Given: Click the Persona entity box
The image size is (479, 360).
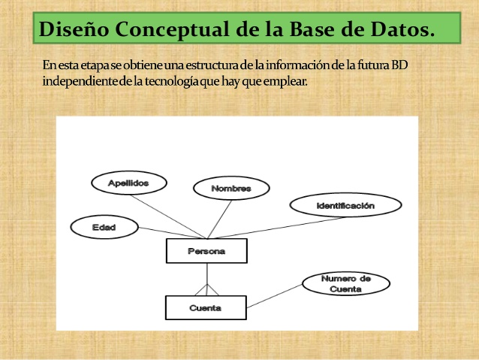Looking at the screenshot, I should [206, 251].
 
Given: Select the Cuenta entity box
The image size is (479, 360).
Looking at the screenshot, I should [205, 307].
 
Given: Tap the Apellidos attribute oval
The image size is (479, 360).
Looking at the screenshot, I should [128, 183].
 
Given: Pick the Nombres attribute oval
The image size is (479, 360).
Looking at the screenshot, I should [230, 188].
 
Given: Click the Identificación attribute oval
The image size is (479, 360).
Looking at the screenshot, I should [344, 204].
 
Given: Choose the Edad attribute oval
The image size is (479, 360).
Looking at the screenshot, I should [104, 226].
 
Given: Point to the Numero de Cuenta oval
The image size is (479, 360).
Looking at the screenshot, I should [345, 283].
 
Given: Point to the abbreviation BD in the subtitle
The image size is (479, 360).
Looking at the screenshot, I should [399, 65].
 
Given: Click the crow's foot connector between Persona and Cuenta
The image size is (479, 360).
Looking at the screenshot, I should [206, 289].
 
